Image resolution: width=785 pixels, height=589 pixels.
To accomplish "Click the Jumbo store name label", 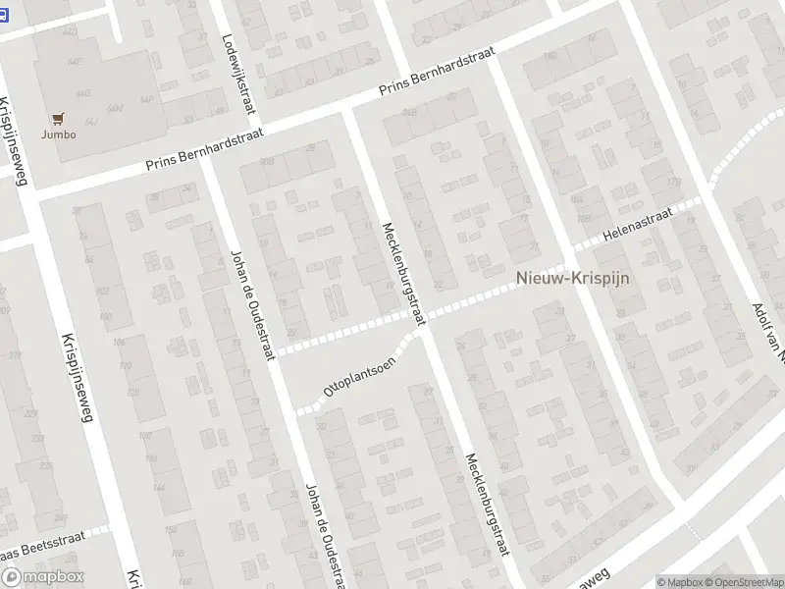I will (x=58, y=134).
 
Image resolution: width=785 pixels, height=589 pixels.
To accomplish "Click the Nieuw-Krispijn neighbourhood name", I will (x=573, y=279).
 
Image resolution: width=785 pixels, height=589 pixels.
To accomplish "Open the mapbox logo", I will (x=42, y=577).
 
